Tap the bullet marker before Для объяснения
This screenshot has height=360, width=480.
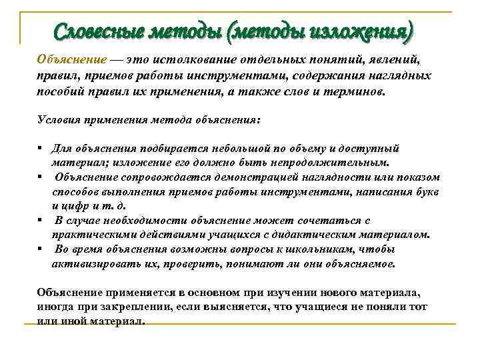(x=41, y=149)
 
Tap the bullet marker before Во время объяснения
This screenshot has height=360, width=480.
(x=41, y=249)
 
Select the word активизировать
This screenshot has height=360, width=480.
(x=93, y=263)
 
